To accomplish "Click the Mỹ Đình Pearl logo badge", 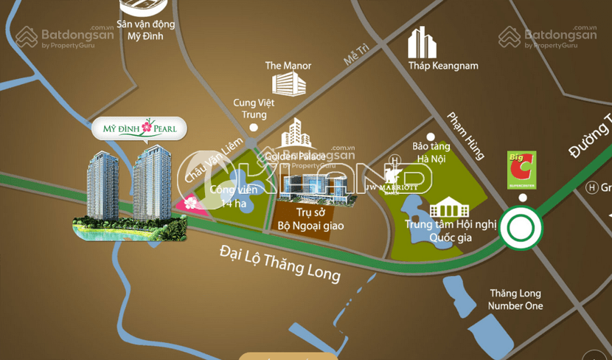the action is (139, 128).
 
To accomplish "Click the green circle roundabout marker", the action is (522, 228).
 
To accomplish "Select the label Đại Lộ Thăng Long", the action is (280, 263).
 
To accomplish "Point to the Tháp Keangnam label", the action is (443, 66).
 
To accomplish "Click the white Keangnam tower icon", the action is (423, 42).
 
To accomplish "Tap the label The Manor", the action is (288, 66).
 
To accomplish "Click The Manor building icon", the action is (288, 83).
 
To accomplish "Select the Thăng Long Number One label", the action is (516, 300).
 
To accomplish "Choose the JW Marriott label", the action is (393, 187).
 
